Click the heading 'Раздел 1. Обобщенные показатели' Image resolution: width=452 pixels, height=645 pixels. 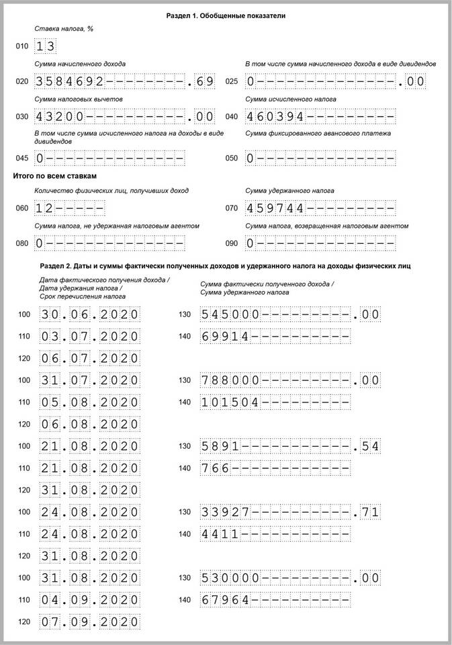tap(226, 15)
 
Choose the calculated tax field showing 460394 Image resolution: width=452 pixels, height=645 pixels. tap(320, 116)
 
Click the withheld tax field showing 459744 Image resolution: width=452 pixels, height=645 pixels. tap(320, 208)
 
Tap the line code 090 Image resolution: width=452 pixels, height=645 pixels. tap(232, 243)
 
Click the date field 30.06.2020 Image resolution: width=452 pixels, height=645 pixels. tap(89, 314)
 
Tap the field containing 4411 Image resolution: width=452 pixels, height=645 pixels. tap(275, 534)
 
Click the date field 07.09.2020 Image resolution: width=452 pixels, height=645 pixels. tap(89, 622)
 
